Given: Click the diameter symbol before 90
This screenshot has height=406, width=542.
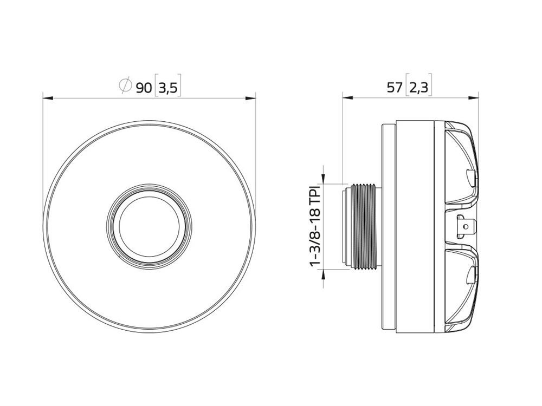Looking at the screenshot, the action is click(x=125, y=86).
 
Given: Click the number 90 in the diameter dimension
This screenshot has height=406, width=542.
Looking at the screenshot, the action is click(x=144, y=88).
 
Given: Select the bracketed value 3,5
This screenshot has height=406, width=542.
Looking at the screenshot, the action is click(x=168, y=88).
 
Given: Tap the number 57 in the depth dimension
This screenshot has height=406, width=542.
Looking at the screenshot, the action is click(x=394, y=88).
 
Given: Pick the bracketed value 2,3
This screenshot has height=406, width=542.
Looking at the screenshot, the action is click(x=419, y=88).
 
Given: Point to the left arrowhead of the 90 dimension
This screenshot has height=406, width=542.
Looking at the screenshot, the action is click(x=48, y=99).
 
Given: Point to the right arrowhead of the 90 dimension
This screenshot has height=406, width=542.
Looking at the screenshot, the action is click(x=250, y=99).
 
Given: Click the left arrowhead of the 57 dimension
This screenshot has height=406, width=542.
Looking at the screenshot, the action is click(x=347, y=99).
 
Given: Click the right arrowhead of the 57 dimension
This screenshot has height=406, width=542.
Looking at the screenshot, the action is click(x=474, y=99).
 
